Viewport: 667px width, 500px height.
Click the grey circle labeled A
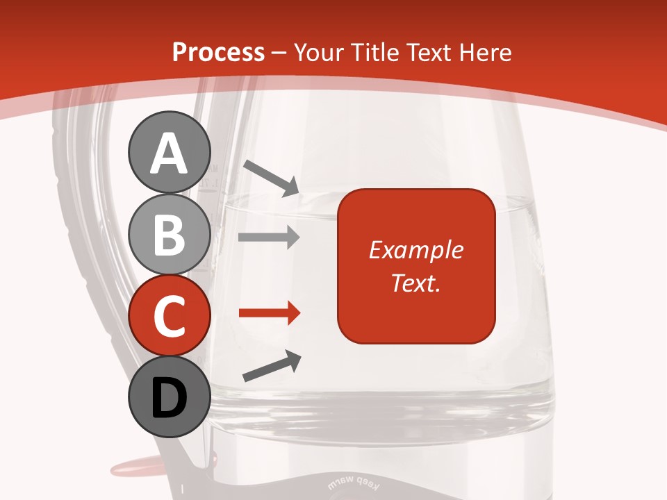coord(169,152)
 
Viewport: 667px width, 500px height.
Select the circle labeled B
coord(169,235)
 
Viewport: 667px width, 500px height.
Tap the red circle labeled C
coord(169,315)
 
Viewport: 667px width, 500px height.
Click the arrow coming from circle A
coord(271,178)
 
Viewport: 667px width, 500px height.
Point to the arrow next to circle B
coord(269,237)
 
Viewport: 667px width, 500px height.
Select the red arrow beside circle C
coord(269,313)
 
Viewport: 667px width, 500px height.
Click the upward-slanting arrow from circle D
coord(272,367)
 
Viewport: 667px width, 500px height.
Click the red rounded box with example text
coord(416,266)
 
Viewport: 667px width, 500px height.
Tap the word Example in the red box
coord(416,250)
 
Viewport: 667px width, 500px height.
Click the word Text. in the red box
coord(416,283)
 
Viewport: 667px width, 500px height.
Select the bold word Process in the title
coord(218,52)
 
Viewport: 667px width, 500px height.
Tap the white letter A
coord(169,153)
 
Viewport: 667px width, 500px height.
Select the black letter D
coord(169,398)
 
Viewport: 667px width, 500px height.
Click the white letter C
coord(169,316)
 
